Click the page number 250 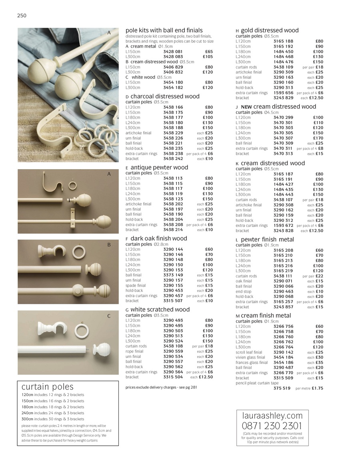[22, 16]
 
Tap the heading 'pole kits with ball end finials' [164, 30]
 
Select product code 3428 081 [173, 52]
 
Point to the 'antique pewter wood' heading [159, 168]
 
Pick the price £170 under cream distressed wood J [318, 138]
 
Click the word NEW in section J [246, 107]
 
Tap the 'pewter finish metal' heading [267, 239]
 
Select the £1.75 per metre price [317, 388]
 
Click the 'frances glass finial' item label [252, 363]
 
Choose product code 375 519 [282, 388]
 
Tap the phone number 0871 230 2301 [272, 426]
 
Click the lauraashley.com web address [272, 415]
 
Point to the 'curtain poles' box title [48, 387]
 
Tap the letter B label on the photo [108, 245]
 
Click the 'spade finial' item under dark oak [136, 285]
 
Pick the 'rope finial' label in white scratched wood [134, 351]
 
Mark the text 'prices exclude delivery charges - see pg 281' [161, 387]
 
